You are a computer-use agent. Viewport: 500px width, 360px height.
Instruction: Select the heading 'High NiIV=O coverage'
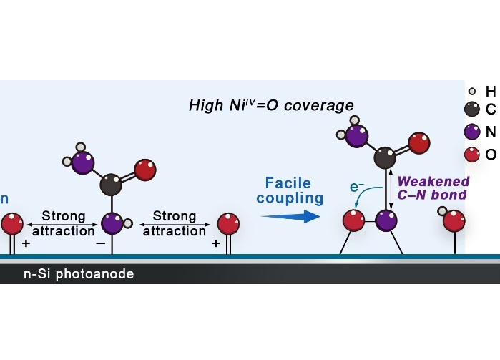[271, 106]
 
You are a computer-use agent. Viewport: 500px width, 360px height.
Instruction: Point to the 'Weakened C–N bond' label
[433, 188]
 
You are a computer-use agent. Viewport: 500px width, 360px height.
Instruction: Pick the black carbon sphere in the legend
[471, 109]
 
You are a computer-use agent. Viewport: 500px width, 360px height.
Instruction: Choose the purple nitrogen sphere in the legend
[471, 132]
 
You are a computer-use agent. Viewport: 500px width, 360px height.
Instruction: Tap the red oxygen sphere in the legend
[471, 154]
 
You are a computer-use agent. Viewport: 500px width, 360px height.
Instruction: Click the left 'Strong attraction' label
[64, 223]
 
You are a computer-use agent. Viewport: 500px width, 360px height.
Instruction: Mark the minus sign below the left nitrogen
[99, 243]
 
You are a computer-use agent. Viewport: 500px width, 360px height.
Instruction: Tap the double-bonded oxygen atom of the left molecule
[145, 170]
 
